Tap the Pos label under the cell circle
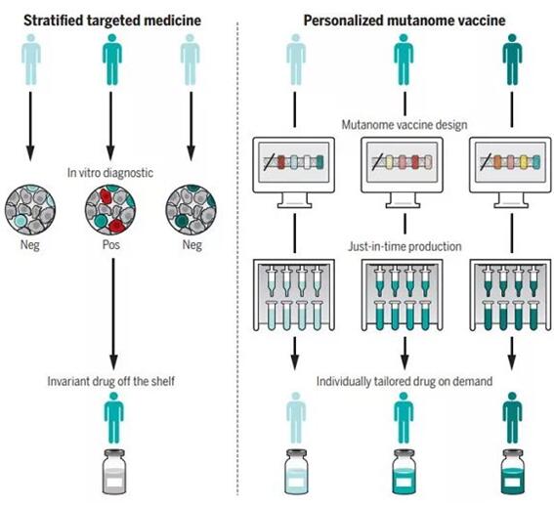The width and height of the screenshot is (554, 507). click(111, 244)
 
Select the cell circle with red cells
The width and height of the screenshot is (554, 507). click(110, 210)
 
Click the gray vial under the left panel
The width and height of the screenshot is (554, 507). click(113, 472)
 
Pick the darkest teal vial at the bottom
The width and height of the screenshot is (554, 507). click(513, 472)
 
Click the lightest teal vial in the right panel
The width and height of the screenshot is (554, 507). click(296, 472)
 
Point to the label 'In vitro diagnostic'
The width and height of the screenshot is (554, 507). click(110, 173)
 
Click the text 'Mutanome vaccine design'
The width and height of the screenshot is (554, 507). click(405, 125)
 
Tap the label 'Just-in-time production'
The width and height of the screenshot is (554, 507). click(405, 246)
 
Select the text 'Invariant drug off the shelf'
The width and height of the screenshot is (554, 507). click(111, 381)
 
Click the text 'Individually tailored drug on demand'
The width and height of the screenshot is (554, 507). click(405, 382)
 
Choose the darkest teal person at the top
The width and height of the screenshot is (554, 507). click(512, 60)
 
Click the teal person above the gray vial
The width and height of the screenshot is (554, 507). click(113, 417)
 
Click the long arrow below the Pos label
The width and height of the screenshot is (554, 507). click(113, 314)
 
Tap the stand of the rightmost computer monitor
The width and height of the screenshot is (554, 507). click(511, 200)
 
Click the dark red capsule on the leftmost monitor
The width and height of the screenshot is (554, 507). click(280, 162)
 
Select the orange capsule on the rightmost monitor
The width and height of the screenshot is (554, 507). click(498, 162)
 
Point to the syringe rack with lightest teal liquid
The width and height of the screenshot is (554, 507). click(294, 295)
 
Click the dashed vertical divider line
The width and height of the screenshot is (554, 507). click(237, 258)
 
